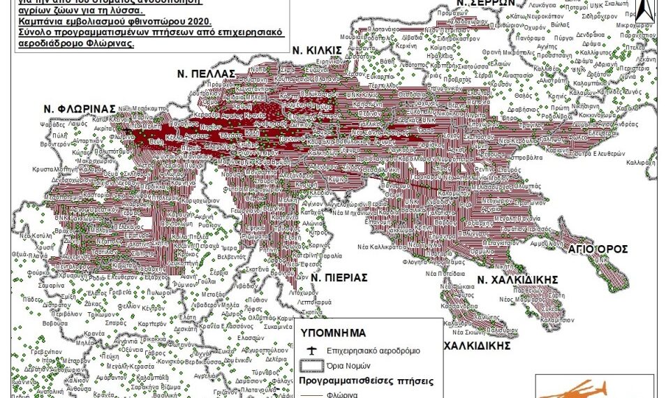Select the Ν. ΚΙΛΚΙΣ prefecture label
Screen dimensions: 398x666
(x=336, y=50)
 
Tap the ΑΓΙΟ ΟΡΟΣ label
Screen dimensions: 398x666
(x=598, y=249)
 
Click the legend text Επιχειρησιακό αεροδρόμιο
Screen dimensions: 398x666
(x=382, y=351)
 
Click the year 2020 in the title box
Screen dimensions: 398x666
(x=207, y=23)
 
